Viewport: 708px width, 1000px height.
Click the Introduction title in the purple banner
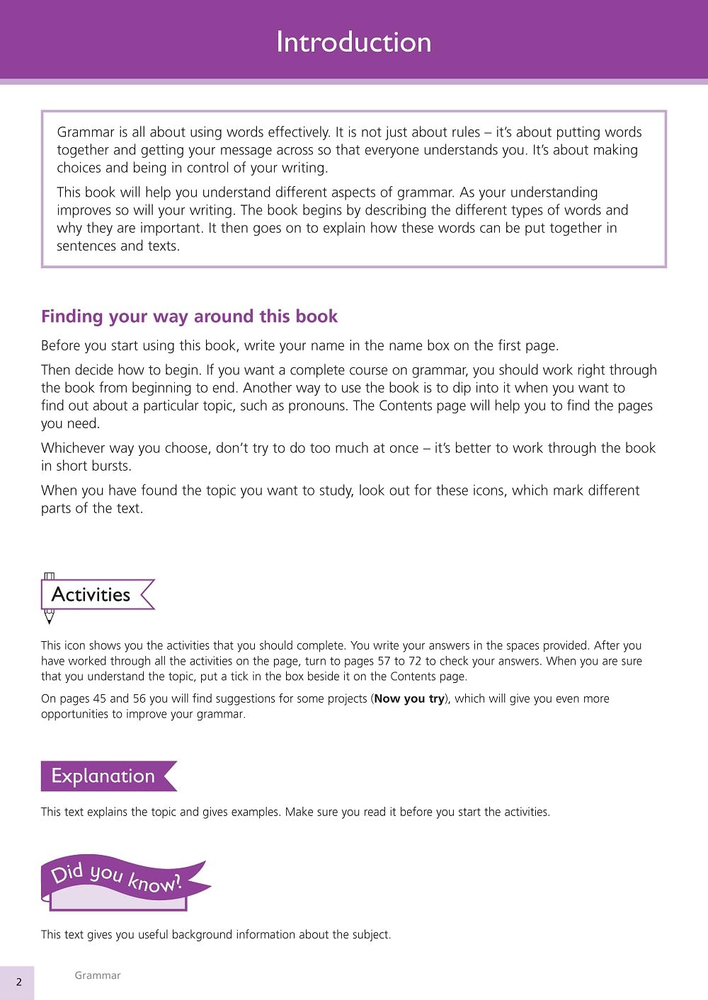353,42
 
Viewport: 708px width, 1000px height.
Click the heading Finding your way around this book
189,316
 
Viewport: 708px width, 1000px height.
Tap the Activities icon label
91,594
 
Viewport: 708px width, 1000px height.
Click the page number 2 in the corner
19,982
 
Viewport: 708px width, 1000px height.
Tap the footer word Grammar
98,975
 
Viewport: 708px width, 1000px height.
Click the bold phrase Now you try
409,699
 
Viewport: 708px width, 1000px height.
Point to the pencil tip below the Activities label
50,620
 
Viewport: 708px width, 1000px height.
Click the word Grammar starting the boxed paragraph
86,132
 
